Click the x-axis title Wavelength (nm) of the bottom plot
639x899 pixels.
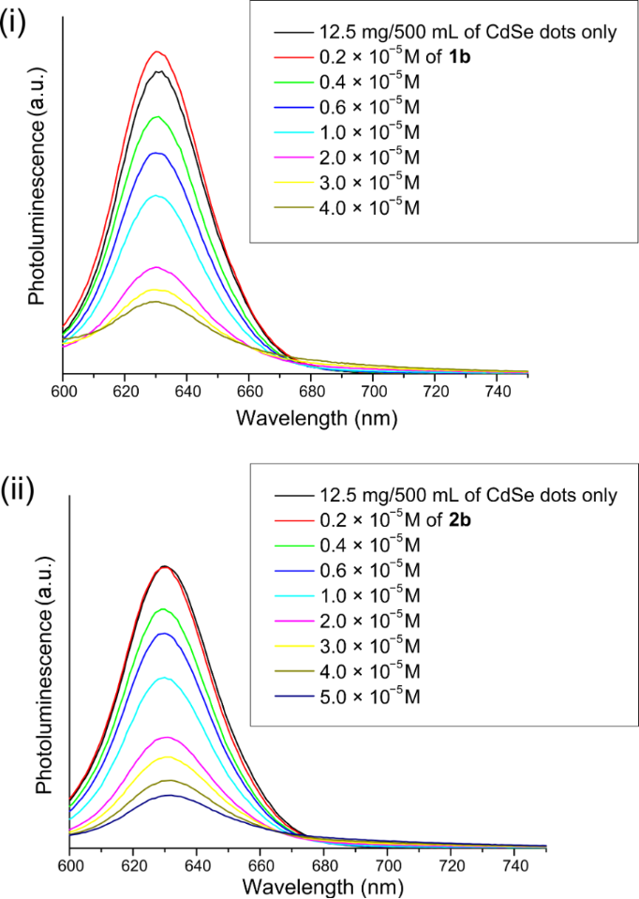(x=307, y=887)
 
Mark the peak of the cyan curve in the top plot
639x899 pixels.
(x=157, y=196)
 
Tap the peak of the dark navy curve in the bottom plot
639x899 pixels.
(x=170, y=795)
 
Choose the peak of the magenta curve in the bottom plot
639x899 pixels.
(x=169, y=737)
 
